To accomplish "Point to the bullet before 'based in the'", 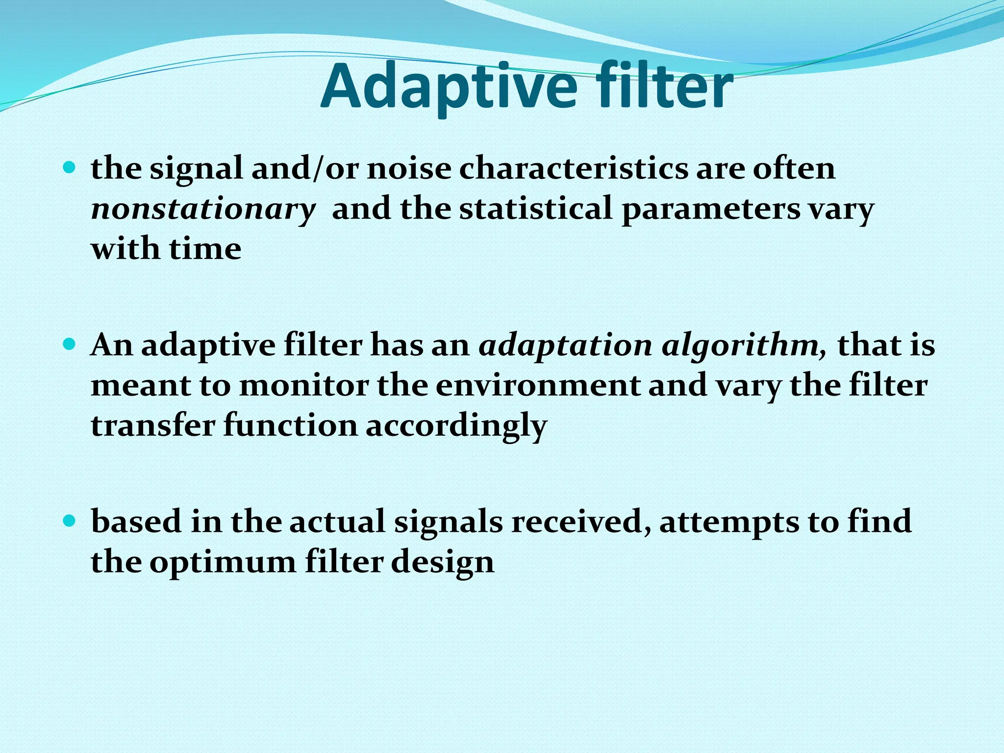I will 70,521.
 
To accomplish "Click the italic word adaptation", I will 565,346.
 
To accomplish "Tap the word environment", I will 537,385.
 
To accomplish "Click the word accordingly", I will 456,426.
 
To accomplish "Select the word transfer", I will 153,425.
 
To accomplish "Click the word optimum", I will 223,562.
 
